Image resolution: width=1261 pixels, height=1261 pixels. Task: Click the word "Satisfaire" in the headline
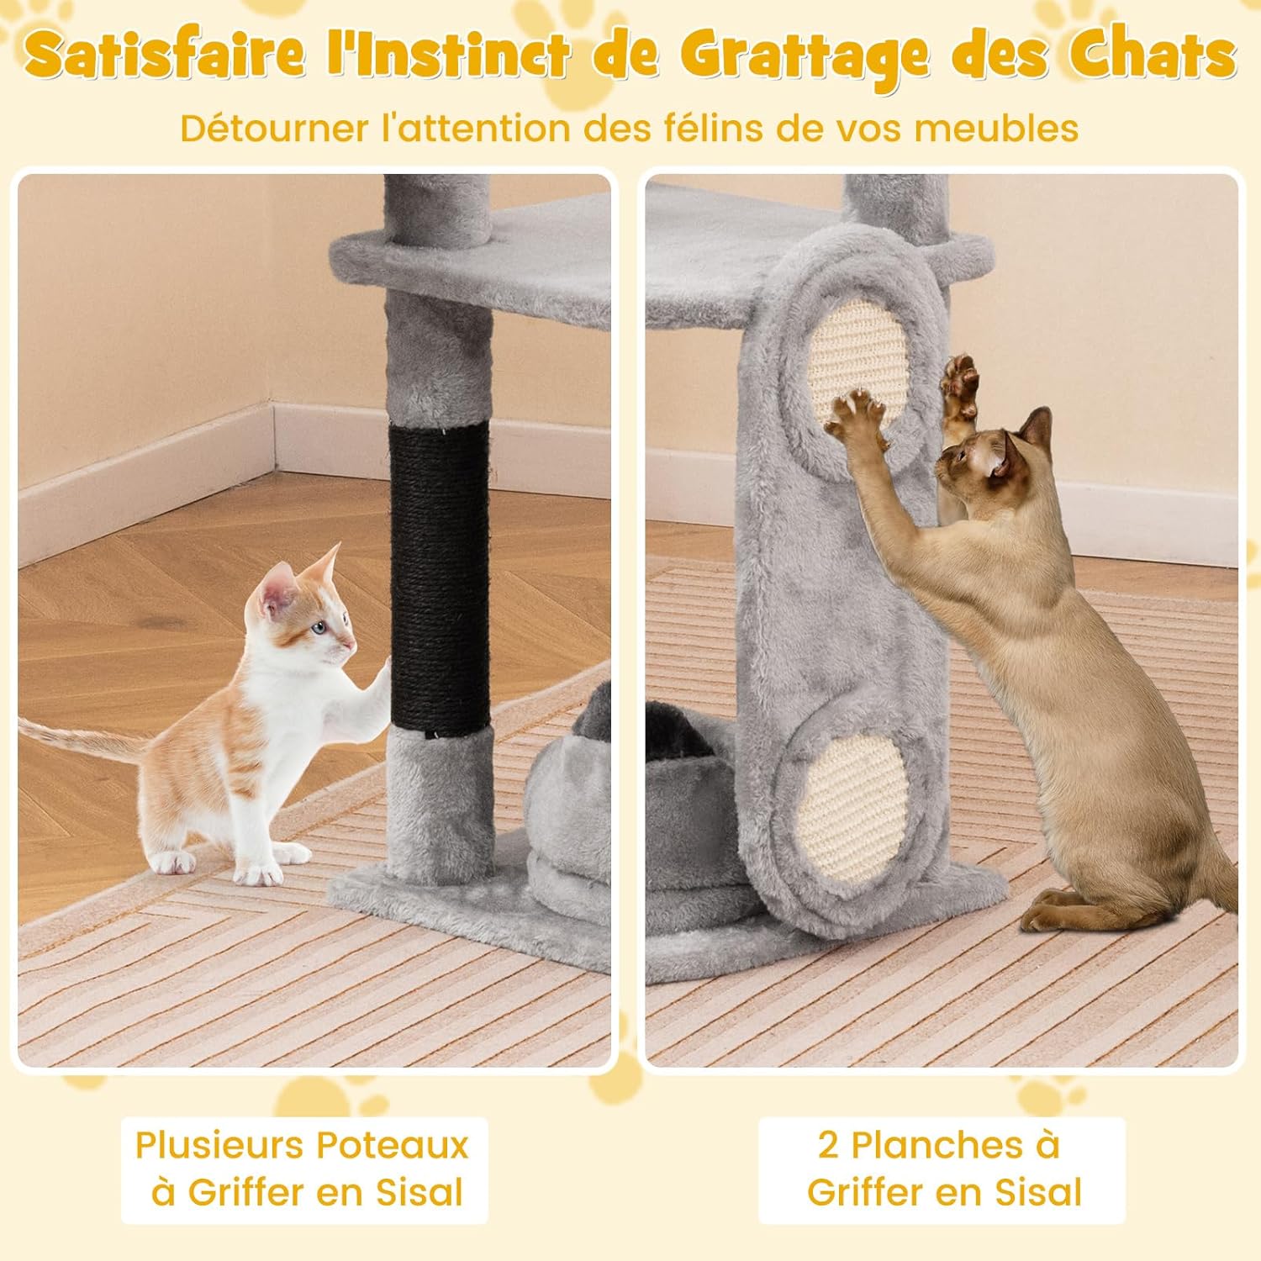click(x=164, y=55)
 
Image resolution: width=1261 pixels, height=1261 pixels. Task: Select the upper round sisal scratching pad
click(x=857, y=370)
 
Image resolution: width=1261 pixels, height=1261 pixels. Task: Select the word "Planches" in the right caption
click(x=938, y=1146)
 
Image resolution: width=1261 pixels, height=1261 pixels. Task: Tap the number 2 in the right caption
click(x=829, y=1147)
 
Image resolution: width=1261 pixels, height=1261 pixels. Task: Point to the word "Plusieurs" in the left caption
click(x=220, y=1146)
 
